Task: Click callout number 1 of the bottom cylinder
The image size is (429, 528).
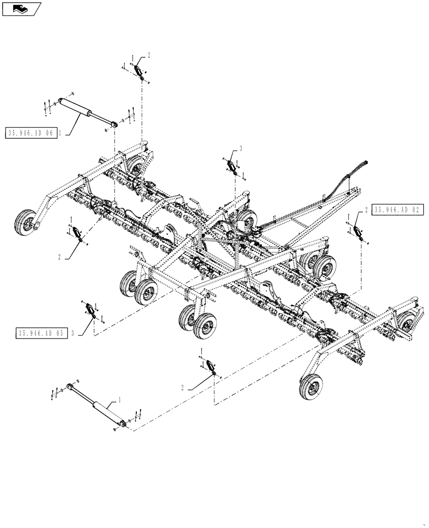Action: coord(119,401)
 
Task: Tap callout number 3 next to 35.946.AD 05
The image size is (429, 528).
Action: coord(72,334)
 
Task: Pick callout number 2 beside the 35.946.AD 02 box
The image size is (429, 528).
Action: coord(366,210)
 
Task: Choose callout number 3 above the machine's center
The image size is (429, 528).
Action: coord(240,149)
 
